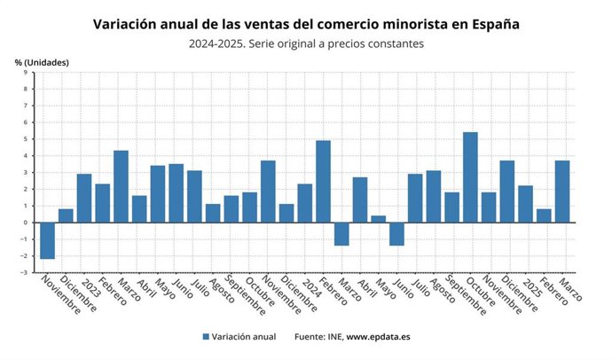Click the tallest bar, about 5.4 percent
tap(470, 177)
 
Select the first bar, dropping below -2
tap(47, 240)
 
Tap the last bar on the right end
tap(562, 192)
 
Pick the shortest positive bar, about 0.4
tap(378, 219)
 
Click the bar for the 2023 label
tap(84, 198)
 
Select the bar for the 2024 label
tap(304, 203)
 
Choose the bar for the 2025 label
tap(525, 204)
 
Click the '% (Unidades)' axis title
tap(42, 62)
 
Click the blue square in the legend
tap(206, 337)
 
